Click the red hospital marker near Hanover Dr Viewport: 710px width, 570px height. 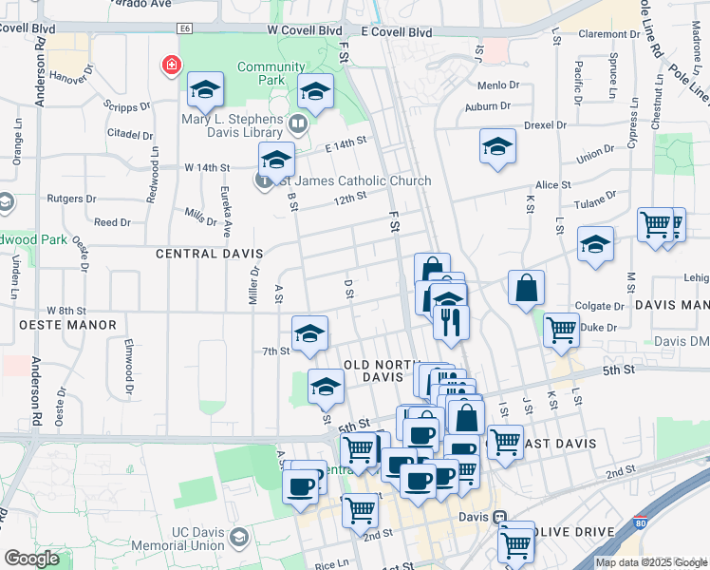coord(170,66)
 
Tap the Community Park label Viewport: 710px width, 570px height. coord(271,73)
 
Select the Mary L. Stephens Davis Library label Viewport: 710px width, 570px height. coord(233,126)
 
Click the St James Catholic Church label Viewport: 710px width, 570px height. coord(350,180)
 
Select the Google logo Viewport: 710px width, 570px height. coord(31,559)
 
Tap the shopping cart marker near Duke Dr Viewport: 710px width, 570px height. coord(561,329)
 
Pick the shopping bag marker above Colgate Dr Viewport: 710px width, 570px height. coord(526,288)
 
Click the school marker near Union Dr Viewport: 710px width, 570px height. coord(497,146)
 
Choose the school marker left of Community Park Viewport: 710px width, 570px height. coord(205,90)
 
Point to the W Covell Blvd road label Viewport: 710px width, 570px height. coord(304,30)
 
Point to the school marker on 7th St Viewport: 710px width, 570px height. coord(309,333)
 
